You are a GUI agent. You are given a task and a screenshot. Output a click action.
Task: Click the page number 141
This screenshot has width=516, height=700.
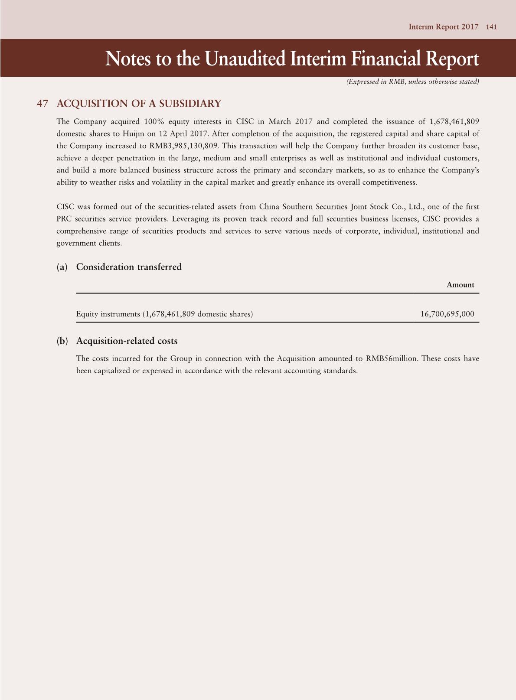click(x=491, y=27)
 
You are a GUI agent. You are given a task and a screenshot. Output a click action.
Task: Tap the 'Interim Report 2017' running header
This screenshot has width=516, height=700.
click(x=443, y=27)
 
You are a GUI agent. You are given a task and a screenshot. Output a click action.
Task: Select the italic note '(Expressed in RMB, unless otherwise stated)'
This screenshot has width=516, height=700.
click(x=412, y=82)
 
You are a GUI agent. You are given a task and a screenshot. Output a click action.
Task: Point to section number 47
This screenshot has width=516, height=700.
click(x=42, y=104)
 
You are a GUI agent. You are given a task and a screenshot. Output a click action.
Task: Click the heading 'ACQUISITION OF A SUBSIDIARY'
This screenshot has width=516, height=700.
click(x=139, y=104)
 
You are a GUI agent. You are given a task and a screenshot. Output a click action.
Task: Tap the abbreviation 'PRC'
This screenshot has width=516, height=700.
click(x=65, y=219)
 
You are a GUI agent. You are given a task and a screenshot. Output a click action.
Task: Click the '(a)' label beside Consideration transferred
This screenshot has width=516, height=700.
click(x=62, y=267)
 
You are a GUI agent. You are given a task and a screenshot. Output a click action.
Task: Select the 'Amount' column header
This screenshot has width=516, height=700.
click(x=460, y=285)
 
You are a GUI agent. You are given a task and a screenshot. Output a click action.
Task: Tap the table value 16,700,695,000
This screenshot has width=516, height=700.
click(x=447, y=314)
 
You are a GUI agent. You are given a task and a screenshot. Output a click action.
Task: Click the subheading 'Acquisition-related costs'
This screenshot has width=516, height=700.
click(x=127, y=341)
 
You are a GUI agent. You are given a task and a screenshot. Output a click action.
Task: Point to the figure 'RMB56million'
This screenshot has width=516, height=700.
click(x=392, y=359)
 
